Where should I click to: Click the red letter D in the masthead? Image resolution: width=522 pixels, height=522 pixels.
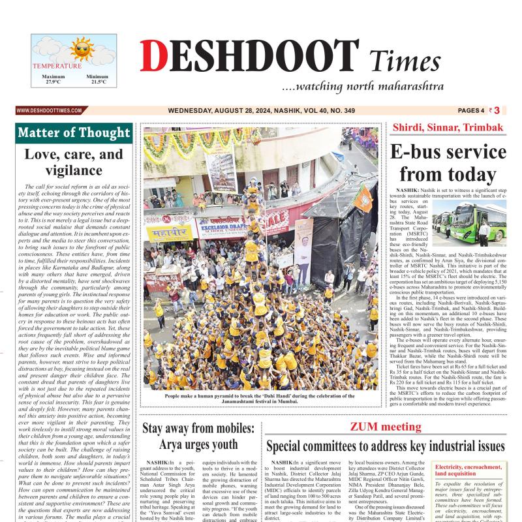pos(151,57)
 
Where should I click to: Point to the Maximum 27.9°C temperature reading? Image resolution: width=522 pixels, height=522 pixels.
pos(53,79)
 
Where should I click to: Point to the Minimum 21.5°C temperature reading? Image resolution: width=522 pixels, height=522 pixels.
pos(97,79)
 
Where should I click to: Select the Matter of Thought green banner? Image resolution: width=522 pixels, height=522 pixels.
pos(74,132)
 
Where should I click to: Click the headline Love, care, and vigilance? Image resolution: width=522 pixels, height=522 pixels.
pos(74,162)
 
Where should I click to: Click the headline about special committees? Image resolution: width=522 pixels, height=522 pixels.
pos(385,447)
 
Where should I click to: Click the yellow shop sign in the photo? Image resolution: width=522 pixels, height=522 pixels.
pos(170,232)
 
